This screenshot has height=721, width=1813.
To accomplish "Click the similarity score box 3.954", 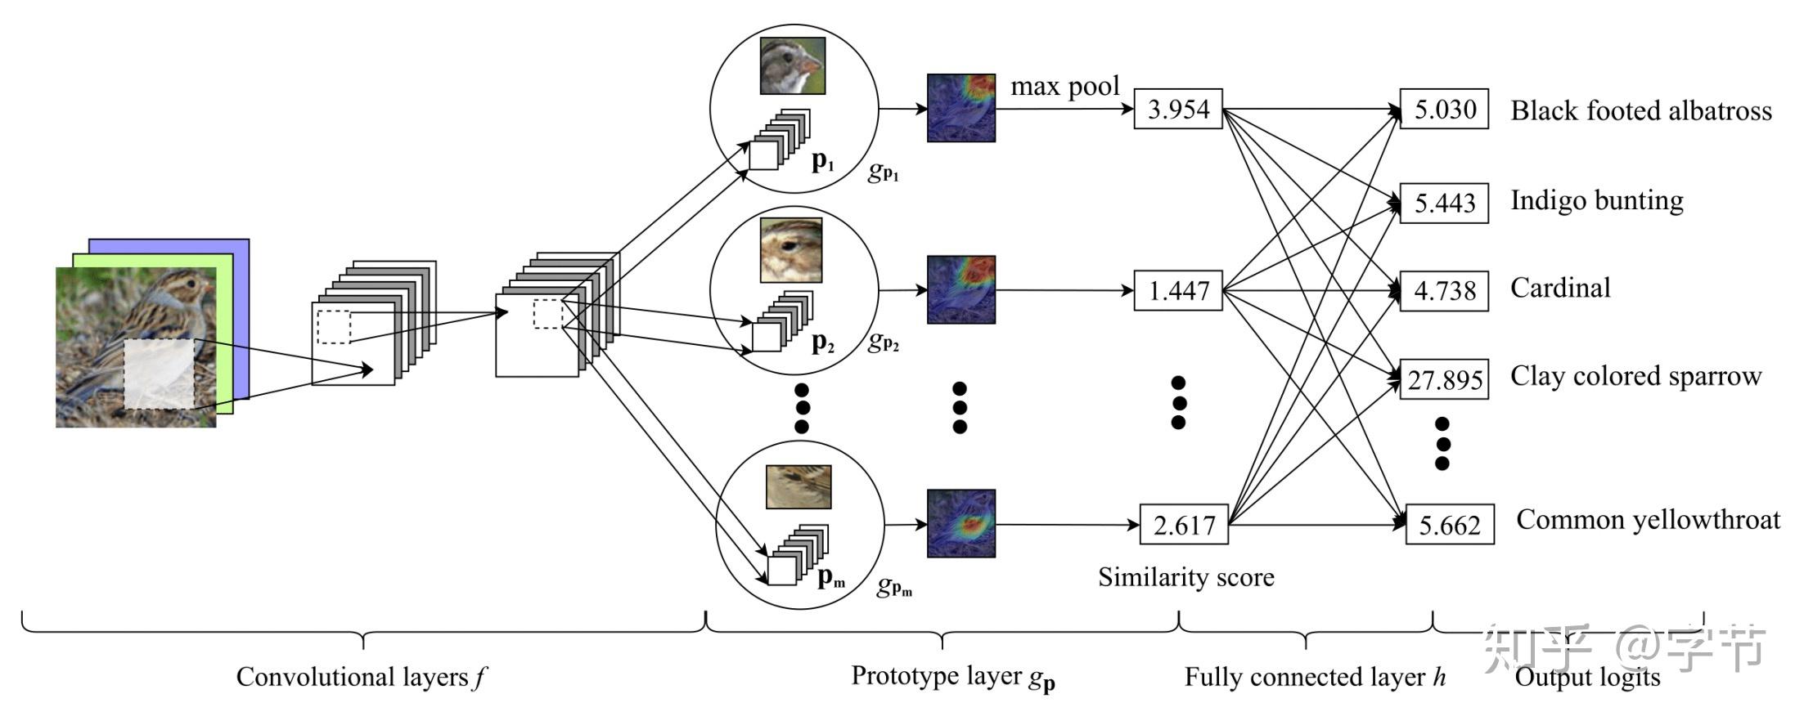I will [1177, 109].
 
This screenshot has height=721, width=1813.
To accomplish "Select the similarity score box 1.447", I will [1177, 290].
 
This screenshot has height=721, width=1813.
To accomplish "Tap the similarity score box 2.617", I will [1183, 525].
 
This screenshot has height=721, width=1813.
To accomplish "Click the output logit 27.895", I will [1444, 379].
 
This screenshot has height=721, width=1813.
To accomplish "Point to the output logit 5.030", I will [1444, 109].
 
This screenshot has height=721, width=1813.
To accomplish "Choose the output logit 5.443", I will [1444, 202].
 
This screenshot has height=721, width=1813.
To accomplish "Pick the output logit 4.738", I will [1444, 290].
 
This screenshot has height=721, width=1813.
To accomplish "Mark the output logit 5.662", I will [1449, 525].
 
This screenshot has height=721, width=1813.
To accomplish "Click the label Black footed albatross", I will [1640, 110].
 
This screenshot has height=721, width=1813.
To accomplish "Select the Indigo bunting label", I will [1596, 200].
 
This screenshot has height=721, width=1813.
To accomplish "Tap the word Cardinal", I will [1560, 288].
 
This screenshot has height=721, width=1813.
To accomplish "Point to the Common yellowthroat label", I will [1648, 520].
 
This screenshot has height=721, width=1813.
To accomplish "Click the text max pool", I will [1064, 86].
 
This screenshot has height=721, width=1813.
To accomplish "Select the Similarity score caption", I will [1185, 577].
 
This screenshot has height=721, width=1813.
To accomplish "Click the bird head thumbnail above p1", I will [792, 65].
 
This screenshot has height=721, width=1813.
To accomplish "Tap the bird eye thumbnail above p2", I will [791, 249].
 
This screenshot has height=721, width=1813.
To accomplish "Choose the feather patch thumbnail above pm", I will [799, 486].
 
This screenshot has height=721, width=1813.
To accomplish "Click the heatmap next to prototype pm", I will [960, 523].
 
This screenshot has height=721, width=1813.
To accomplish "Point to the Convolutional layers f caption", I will [361, 677].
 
